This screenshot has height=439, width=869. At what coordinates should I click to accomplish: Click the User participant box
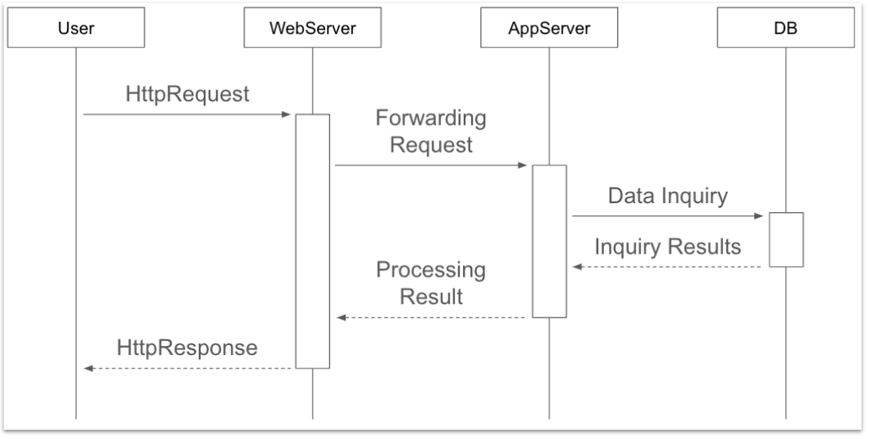[x=76, y=30]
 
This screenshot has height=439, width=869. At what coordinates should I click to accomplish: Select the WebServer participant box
[x=312, y=30]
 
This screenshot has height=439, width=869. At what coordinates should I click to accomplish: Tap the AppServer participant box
[x=549, y=30]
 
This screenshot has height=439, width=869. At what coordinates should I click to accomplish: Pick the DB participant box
[x=786, y=30]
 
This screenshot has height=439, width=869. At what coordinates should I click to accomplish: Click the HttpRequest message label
[x=187, y=94]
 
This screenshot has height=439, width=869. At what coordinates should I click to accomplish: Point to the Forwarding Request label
[x=430, y=131]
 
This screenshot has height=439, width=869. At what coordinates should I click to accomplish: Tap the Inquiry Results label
[x=668, y=246]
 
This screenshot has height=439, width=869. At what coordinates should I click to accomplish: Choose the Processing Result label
[x=430, y=282]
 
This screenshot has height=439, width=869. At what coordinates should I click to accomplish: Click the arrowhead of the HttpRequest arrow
[x=287, y=115]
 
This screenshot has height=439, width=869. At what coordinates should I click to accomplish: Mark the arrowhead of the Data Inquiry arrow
[x=760, y=216]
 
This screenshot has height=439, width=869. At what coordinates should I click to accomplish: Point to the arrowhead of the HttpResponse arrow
[x=89, y=369]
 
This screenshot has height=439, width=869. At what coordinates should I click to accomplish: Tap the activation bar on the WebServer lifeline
[x=312, y=241]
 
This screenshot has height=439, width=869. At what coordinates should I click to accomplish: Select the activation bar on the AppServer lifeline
[x=549, y=241]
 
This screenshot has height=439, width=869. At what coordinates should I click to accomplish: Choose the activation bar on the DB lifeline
[x=786, y=239]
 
